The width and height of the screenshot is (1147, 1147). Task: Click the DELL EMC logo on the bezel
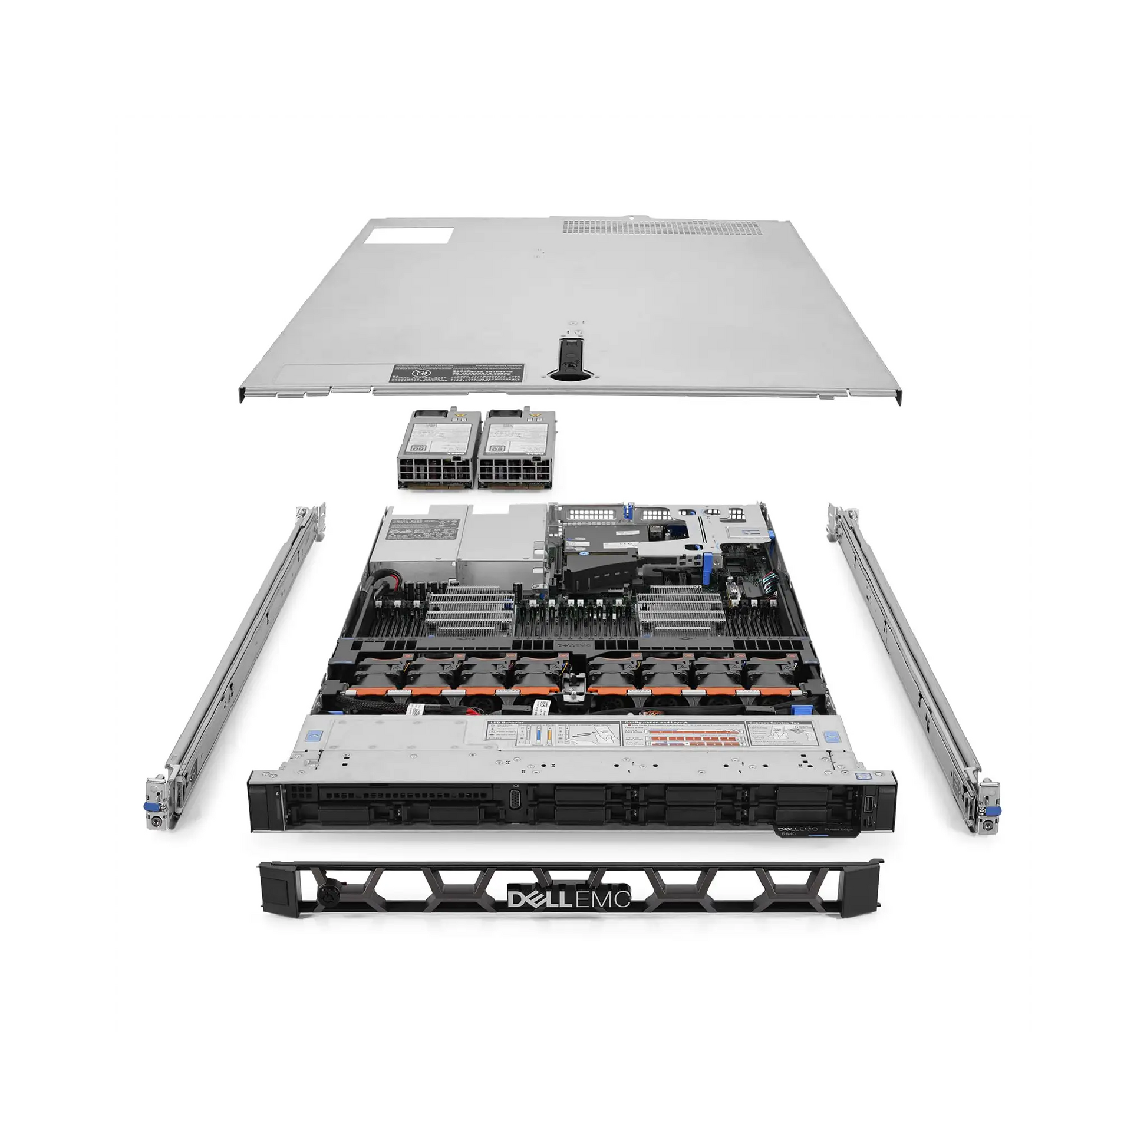tap(568, 900)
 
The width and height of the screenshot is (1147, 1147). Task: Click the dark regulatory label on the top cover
tap(457, 374)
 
